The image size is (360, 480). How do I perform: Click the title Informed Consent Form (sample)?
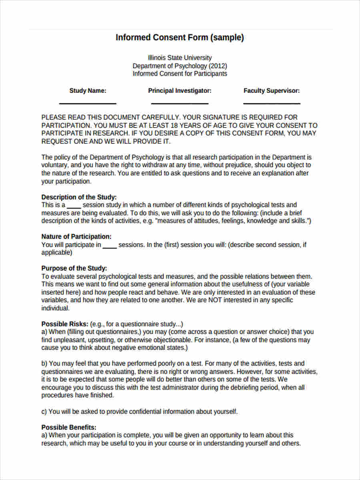click(180, 38)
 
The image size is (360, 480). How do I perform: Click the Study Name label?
click(88, 91)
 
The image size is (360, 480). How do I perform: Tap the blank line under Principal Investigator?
click(180, 104)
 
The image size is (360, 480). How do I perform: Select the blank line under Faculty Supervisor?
click(272, 104)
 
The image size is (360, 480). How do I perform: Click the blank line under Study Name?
click(88, 104)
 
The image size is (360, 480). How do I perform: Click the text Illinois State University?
click(180, 58)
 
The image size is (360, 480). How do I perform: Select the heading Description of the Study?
click(79, 197)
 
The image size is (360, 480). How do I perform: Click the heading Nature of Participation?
click(76, 236)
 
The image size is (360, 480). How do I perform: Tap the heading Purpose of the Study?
click(74, 268)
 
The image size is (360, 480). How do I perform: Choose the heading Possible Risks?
click(65, 324)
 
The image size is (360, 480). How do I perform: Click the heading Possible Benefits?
click(69, 427)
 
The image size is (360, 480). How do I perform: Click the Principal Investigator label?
click(180, 91)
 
